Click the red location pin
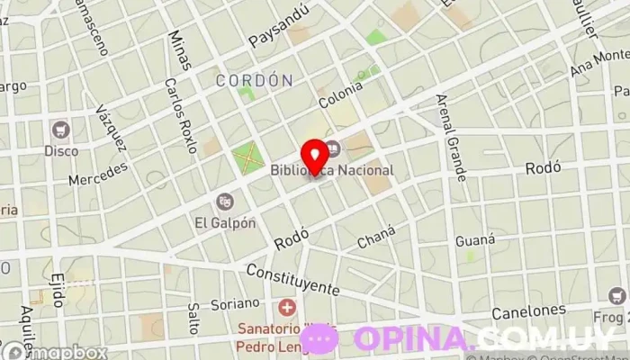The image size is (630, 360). coord(313,154)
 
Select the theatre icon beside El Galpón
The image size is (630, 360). coord(225,202)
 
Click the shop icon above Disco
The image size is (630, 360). coord(61,130)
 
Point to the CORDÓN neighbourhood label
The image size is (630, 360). coord(255,80)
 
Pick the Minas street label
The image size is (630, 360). coord(179,49)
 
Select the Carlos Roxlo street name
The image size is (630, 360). coord(180,114)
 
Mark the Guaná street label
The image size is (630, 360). coord(475,239)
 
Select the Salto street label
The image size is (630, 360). coord(192,318)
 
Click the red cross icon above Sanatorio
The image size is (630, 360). coord(287,307)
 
